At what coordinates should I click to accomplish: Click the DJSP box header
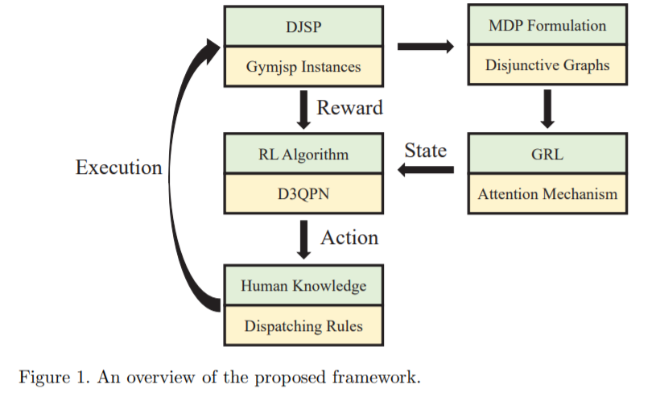303,26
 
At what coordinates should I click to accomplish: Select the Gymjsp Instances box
303,67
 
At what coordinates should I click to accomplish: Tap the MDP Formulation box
547,24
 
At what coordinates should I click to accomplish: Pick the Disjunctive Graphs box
547,65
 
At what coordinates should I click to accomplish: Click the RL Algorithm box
303,154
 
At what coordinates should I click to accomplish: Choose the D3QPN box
303,193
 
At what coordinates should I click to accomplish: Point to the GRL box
547,154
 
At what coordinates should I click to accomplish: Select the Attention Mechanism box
547,193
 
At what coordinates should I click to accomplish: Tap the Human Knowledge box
303,285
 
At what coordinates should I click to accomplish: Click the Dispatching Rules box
303,326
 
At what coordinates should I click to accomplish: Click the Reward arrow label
350,108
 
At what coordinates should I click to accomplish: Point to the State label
426,151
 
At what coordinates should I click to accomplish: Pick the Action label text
349,238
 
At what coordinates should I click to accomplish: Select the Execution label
118,167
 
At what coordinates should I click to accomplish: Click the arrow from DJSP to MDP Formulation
426,47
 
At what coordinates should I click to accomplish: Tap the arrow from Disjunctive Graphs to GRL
547,109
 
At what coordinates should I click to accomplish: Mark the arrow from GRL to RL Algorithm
426,170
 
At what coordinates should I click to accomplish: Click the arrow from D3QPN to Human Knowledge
303,239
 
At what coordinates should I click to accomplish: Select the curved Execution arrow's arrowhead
212,50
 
